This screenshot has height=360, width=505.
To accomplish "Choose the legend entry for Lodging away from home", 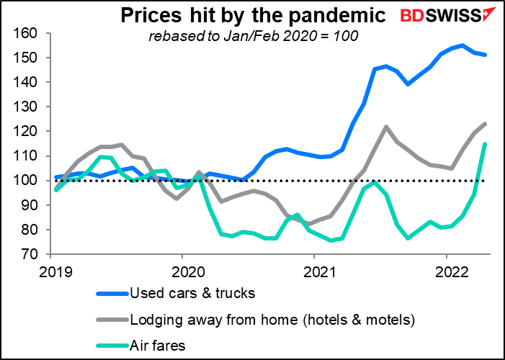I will [x=263, y=318].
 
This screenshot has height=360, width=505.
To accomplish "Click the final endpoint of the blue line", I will [x=485, y=55].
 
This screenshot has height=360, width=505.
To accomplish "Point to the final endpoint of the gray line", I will [x=485, y=124].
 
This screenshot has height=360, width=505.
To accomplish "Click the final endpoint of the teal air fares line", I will [x=485, y=144].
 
